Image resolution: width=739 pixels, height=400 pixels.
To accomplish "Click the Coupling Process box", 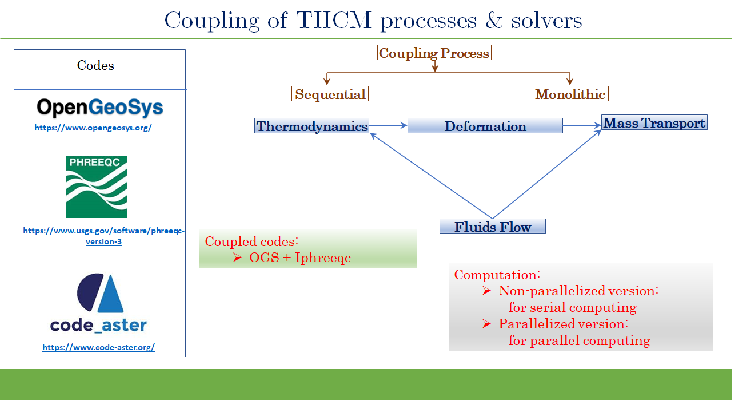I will tap(434, 53).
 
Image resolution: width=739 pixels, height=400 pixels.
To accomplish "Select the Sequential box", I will tap(330, 94).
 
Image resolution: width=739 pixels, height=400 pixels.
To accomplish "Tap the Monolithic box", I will tap(570, 94).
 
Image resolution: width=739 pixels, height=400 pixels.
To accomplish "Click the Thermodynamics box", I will tap(311, 126).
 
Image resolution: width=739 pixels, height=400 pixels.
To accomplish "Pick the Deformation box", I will tap(485, 126).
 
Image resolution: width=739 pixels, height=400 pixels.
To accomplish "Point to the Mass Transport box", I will tap(654, 122).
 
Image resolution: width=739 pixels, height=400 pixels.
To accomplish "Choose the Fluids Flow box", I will tap(493, 227).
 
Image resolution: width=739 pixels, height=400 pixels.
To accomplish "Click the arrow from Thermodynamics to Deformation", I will tap(388, 126).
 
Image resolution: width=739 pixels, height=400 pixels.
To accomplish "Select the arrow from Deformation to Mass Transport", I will tap(582, 125).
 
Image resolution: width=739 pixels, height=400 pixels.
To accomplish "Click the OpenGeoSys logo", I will tap(99, 108).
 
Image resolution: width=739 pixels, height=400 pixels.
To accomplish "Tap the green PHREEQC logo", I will tap(97, 187).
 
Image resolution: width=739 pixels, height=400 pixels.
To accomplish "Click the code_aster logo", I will tap(98, 304).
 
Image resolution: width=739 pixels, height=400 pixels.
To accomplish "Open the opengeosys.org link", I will tap(93, 128).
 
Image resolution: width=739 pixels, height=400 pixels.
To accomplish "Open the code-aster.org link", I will tap(98, 347).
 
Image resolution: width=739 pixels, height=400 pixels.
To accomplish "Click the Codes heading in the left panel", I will tap(95, 65).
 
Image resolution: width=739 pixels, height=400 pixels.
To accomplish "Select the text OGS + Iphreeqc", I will tap(299, 258).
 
